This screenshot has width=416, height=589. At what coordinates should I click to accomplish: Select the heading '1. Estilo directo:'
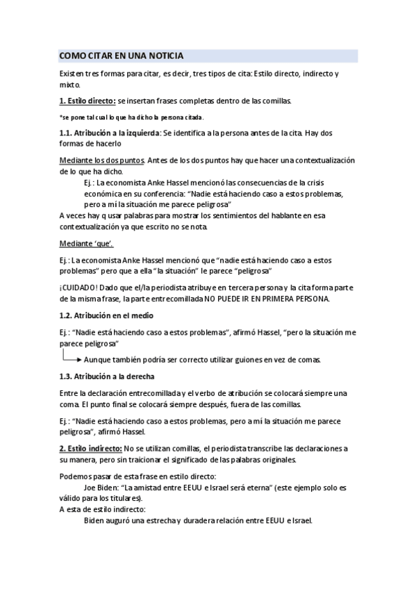[x=87, y=100]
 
